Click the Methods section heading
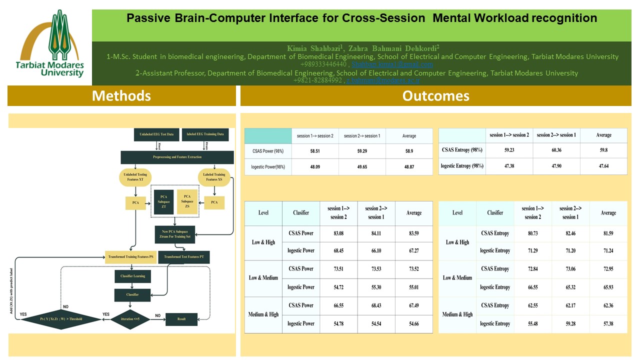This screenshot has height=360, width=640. [121, 95]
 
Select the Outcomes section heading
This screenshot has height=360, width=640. [435, 95]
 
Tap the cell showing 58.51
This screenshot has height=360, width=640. [315, 151]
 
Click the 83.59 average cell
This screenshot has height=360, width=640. [413, 233]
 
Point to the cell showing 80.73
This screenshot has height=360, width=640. [532, 232]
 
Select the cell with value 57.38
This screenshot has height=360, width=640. [608, 323]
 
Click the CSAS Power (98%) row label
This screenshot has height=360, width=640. [268, 151]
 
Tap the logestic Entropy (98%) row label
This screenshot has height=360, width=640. [462, 165]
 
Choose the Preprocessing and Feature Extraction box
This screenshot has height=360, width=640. [177, 157]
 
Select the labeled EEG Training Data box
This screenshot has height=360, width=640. [205, 134]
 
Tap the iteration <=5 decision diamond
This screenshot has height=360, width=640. [131, 318]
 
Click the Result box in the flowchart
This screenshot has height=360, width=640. [181, 318]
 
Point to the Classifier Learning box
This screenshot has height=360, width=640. [132, 275]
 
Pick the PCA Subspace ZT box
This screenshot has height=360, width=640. [163, 202]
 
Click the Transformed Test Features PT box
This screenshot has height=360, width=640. [184, 257]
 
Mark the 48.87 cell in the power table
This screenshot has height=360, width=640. [409, 167]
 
